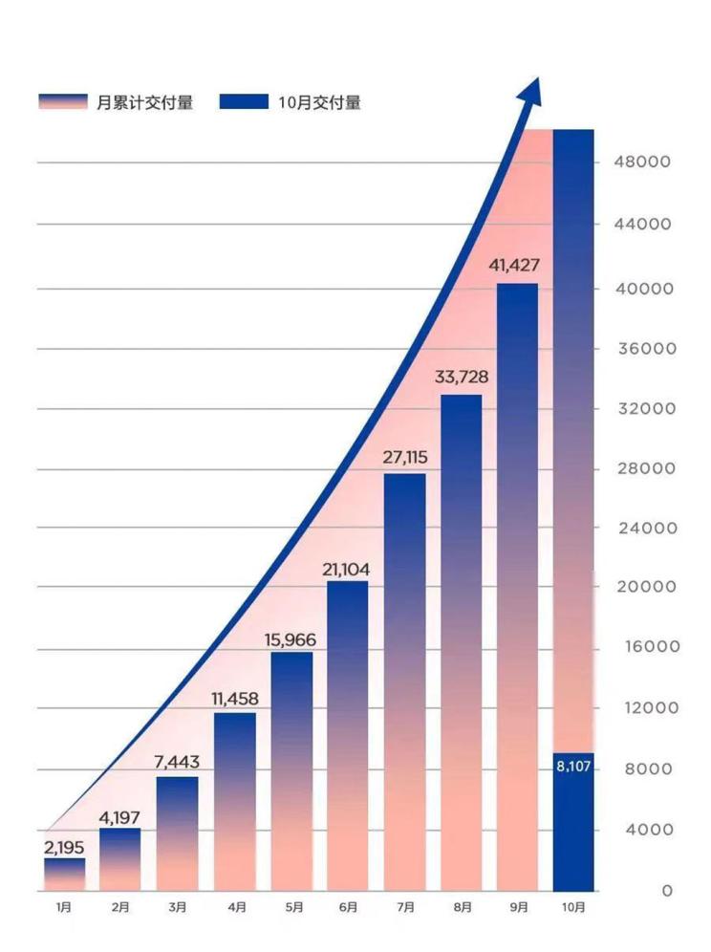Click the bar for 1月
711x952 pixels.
click(x=64, y=874)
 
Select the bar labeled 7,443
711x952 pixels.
click(x=178, y=832)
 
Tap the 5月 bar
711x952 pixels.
click(x=291, y=770)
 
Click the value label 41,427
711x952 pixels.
click(x=517, y=266)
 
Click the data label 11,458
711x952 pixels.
click(x=234, y=699)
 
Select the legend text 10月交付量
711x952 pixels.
click(x=319, y=102)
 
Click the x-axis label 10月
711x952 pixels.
click(x=573, y=907)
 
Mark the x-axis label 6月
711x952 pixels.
click(x=348, y=907)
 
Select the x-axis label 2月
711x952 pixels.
click(x=120, y=907)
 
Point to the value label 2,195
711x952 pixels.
click(x=65, y=848)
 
